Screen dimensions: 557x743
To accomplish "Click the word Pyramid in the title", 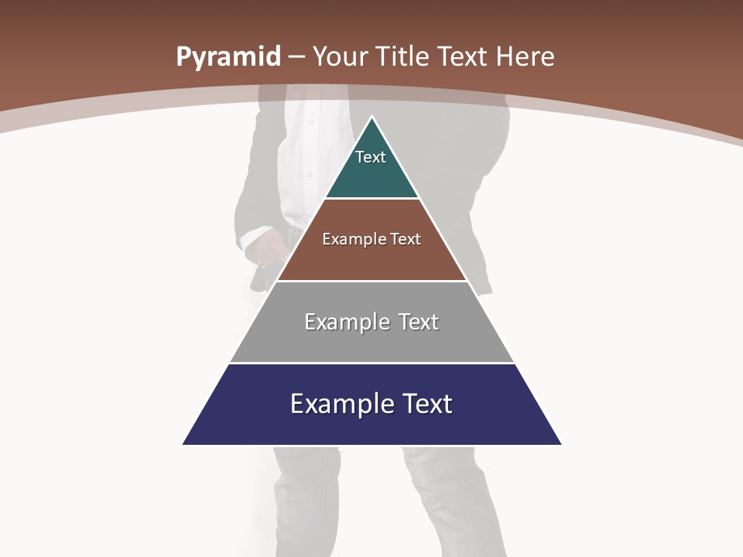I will pos(228,57).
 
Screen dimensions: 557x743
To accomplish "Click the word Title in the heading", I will pos(402,57).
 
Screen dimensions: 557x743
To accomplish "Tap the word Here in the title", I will pos(525,57).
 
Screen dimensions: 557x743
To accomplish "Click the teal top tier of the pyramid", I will pos(371,174).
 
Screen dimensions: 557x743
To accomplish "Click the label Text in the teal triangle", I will pos(371,157).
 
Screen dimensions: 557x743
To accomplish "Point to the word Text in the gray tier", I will pos(419,322).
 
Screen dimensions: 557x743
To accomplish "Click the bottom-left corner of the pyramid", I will pos(183,444).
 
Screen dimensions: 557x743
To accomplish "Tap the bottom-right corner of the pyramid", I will pos(561,444).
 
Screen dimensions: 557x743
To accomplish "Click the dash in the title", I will pos(296,57).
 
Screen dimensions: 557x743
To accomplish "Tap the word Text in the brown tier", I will pos(406,239).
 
